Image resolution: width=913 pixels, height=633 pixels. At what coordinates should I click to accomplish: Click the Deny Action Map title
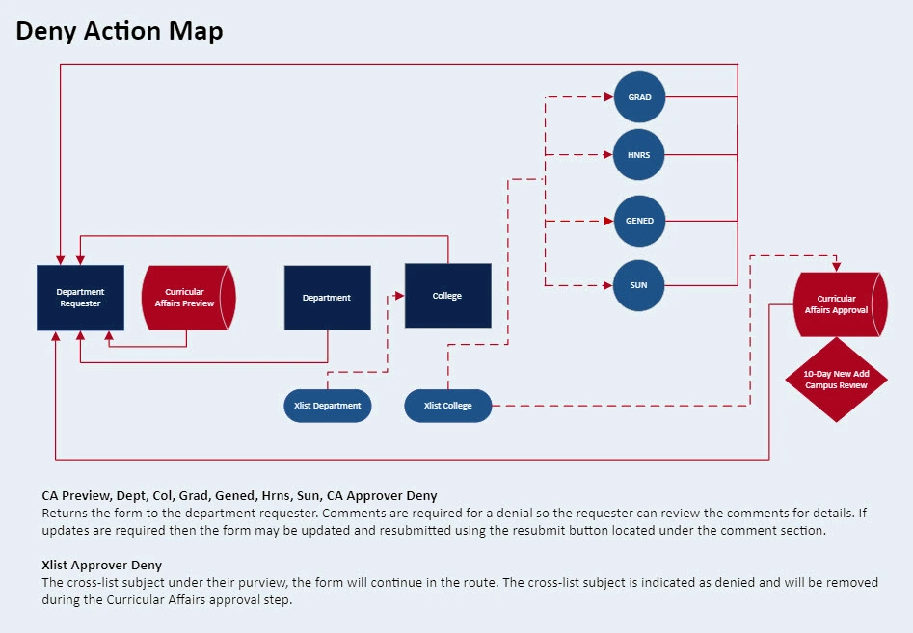pos(120,31)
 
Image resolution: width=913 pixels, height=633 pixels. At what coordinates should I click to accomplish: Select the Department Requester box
pos(80,298)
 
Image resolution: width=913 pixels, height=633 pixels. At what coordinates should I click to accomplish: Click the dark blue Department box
pos(327,298)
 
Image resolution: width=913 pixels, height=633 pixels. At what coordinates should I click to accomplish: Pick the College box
pos(447,296)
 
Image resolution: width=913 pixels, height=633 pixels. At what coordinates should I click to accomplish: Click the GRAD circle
pos(639,97)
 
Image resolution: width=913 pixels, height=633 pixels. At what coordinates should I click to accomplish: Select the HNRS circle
pos(639,154)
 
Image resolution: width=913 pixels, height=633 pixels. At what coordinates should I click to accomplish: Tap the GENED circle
pos(639,221)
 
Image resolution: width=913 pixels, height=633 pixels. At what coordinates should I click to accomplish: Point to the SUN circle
pos(639,285)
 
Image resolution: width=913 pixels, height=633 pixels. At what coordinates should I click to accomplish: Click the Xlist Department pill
pos(328,406)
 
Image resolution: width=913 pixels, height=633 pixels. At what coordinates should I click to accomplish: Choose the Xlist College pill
pos(447,406)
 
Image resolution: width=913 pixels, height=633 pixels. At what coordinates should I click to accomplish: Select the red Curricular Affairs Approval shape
pos(837,304)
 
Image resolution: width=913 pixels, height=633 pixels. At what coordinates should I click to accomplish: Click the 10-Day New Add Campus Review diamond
pos(836,380)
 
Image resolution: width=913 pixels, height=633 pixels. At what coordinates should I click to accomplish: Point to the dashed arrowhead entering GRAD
pos(608,97)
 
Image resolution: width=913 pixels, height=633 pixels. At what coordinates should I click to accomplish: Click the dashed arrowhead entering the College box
pos(399,296)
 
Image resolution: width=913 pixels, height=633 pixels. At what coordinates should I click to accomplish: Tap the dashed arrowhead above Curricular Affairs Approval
pos(836,267)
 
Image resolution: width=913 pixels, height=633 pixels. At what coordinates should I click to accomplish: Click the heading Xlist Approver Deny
pos(101,565)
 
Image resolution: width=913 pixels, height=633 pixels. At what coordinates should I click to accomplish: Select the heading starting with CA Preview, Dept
pos(239,496)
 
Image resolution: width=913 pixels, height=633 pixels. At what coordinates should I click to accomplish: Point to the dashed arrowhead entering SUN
pos(608,285)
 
